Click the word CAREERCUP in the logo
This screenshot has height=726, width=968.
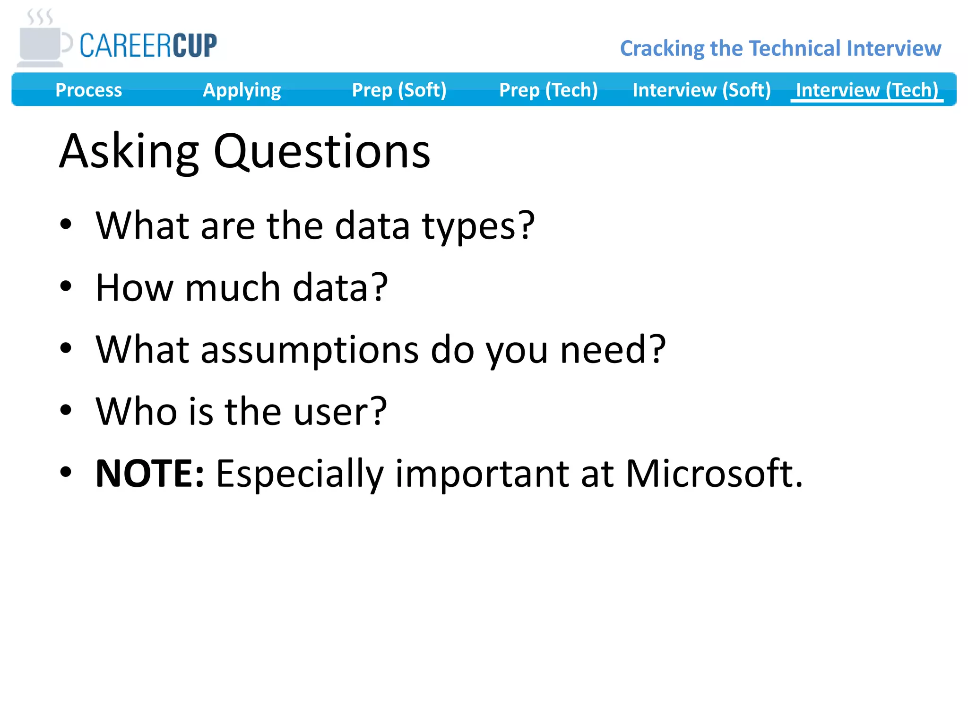click(148, 46)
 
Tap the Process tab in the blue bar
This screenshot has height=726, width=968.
click(88, 90)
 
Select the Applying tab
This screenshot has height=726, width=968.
click(242, 90)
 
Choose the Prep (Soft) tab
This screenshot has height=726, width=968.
click(399, 90)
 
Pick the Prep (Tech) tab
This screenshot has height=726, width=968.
click(548, 90)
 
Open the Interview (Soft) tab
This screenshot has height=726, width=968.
click(701, 90)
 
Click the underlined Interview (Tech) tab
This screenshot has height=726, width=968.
click(866, 90)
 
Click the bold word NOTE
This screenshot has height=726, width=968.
click(149, 474)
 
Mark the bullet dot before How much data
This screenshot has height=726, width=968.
click(66, 286)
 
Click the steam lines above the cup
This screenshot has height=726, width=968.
click(40, 17)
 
